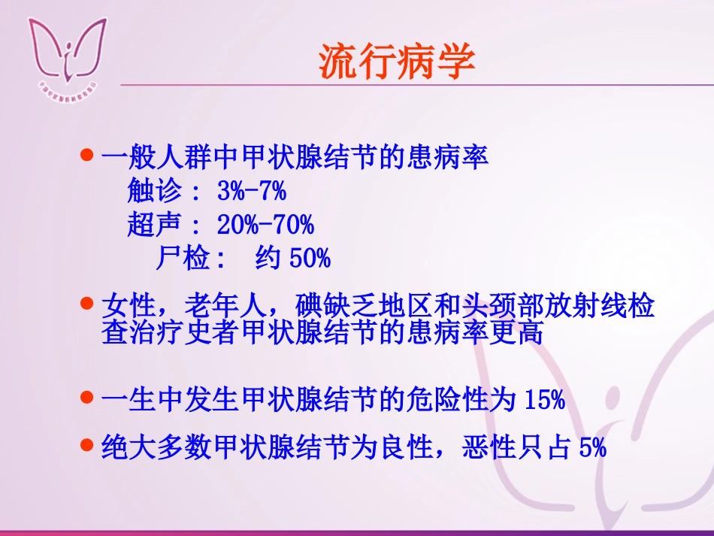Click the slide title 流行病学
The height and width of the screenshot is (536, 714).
click(x=397, y=62)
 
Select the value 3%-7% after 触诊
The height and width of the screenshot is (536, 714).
click(x=251, y=192)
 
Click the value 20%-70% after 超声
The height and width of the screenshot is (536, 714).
click(x=265, y=225)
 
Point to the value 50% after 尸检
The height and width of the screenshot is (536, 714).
click(x=310, y=259)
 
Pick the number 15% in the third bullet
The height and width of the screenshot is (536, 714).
click(x=541, y=400)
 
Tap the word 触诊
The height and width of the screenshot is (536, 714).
click(x=154, y=192)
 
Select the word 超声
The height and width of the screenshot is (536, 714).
click(x=154, y=225)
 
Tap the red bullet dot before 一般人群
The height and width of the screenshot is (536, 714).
click(x=86, y=156)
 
